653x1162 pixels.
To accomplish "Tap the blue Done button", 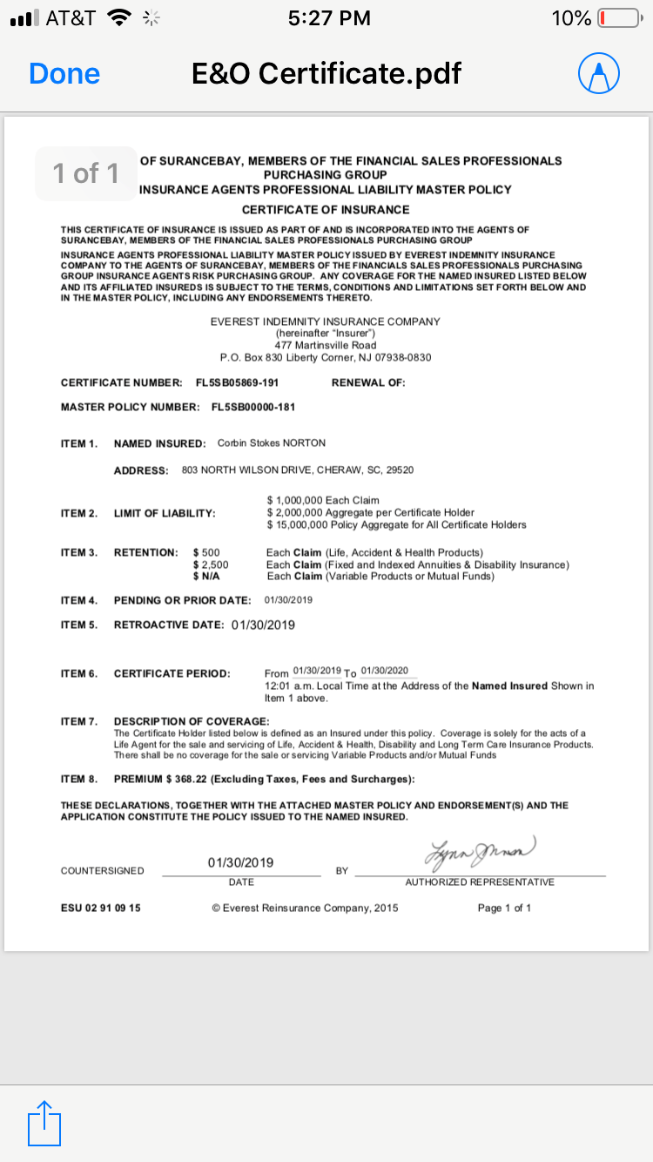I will pyautogui.click(x=64, y=74).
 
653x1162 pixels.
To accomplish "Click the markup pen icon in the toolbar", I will pyautogui.click(x=598, y=74).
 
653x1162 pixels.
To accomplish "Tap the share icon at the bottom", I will pyautogui.click(x=45, y=1123).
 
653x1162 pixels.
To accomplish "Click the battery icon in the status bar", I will pyautogui.click(x=618, y=18).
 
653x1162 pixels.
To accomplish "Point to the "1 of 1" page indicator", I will pyautogui.click(x=85, y=173).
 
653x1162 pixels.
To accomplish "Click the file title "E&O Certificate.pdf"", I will pyautogui.click(x=326, y=74).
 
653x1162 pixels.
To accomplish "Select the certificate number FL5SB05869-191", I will pyautogui.click(x=231, y=383).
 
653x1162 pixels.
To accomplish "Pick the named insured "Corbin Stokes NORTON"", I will pyautogui.click(x=272, y=443).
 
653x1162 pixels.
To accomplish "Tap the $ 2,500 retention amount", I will pyautogui.click(x=211, y=565).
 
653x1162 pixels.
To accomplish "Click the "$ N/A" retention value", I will pyautogui.click(x=206, y=577).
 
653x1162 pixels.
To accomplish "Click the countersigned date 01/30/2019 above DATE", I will pyautogui.click(x=241, y=863).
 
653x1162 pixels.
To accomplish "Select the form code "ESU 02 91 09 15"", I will pyautogui.click(x=101, y=909).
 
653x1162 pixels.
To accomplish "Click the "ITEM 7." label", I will pyautogui.click(x=79, y=721).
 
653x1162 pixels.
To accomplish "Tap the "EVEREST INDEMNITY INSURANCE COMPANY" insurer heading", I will pyautogui.click(x=326, y=321).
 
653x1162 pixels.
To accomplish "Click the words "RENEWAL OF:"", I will pyautogui.click(x=368, y=383).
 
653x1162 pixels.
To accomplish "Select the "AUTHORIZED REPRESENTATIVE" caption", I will pyautogui.click(x=480, y=882).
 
